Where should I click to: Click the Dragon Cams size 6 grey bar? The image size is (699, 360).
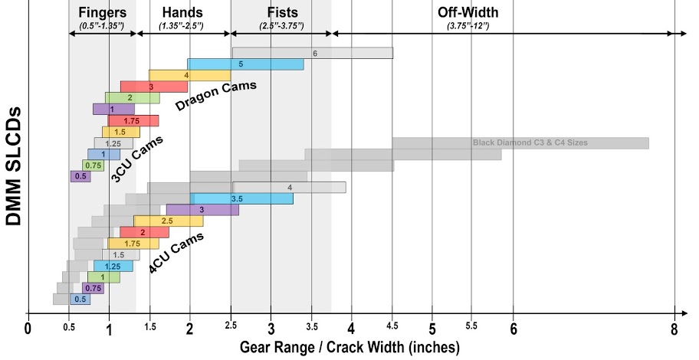[x=313, y=53]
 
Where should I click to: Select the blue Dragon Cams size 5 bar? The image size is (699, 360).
[x=245, y=64]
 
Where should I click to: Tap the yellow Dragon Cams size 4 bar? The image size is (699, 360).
[x=189, y=76]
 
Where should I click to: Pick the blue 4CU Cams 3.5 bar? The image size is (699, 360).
[x=241, y=198]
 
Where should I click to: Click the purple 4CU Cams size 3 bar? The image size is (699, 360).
[x=202, y=210]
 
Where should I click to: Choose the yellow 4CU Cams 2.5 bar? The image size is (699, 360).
[x=168, y=221]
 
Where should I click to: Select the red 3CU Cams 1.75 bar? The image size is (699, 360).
[x=133, y=121]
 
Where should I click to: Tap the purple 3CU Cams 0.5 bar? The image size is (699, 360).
[x=80, y=176]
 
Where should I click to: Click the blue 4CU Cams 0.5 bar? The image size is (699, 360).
[x=80, y=299]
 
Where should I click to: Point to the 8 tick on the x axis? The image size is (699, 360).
[x=674, y=329]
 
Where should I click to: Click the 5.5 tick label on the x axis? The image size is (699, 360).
[x=472, y=329]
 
